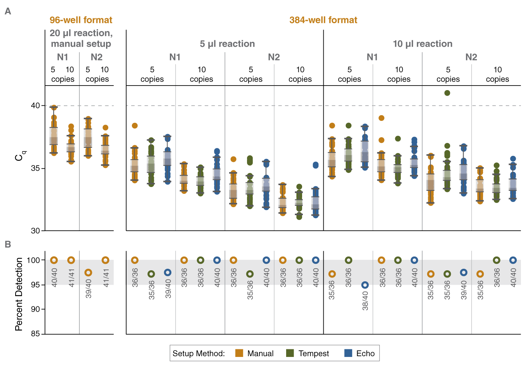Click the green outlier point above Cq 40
tap(447, 93)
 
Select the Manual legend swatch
tap(239, 353)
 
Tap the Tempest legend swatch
tap(290, 353)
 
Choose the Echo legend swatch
tap(348, 353)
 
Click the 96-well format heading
tap(81, 20)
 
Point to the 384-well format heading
tap(323, 20)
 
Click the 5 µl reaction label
tap(227, 44)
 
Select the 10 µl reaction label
tap(423, 44)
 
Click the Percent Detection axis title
tap(19, 294)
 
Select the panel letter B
tap(8, 244)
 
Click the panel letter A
tap(8, 11)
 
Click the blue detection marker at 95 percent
tap(365, 285)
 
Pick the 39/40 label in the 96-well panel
tap(89, 289)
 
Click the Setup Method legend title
tap(198, 354)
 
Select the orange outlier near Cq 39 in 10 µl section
tap(382, 118)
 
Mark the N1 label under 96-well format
tap(62, 57)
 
